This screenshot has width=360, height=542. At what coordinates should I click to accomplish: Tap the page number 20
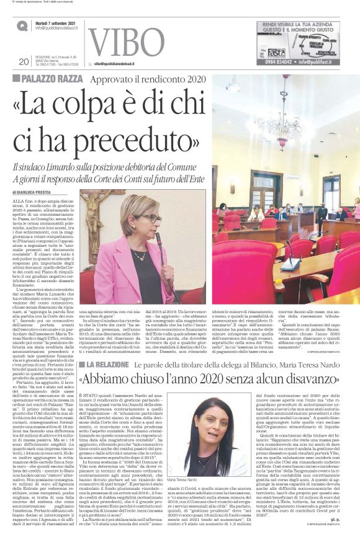click(24, 61)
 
